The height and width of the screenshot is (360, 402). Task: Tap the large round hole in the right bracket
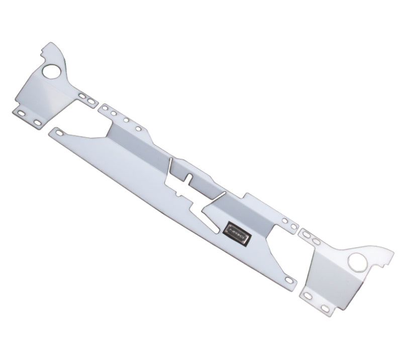click(x=358, y=261)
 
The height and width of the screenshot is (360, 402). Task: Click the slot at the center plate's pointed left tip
click(x=60, y=133)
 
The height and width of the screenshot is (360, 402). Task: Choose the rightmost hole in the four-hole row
click(x=137, y=129)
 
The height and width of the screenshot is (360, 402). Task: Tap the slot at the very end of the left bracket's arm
click(x=91, y=102)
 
